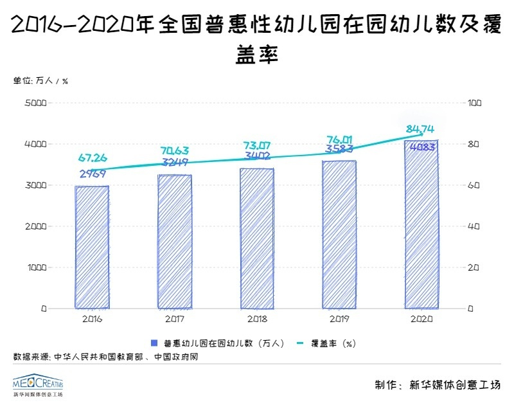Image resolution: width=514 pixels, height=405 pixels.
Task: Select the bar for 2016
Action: click(x=92, y=247)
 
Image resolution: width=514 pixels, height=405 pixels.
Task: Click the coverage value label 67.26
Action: click(x=93, y=158)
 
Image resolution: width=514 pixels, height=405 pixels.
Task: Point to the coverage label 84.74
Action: click(x=422, y=130)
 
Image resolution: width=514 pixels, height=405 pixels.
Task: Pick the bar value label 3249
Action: click(x=174, y=162)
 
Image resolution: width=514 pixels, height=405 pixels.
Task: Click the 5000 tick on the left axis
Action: click(x=35, y=103)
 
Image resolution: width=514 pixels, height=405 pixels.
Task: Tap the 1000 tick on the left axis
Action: click(x=35, y=267)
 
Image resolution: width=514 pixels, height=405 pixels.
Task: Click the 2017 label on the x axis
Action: click(x=174, y=319)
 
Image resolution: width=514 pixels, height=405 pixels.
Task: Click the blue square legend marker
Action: click(x=154, y=343)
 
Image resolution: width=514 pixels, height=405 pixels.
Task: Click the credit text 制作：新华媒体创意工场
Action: click(x=437, y=385)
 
